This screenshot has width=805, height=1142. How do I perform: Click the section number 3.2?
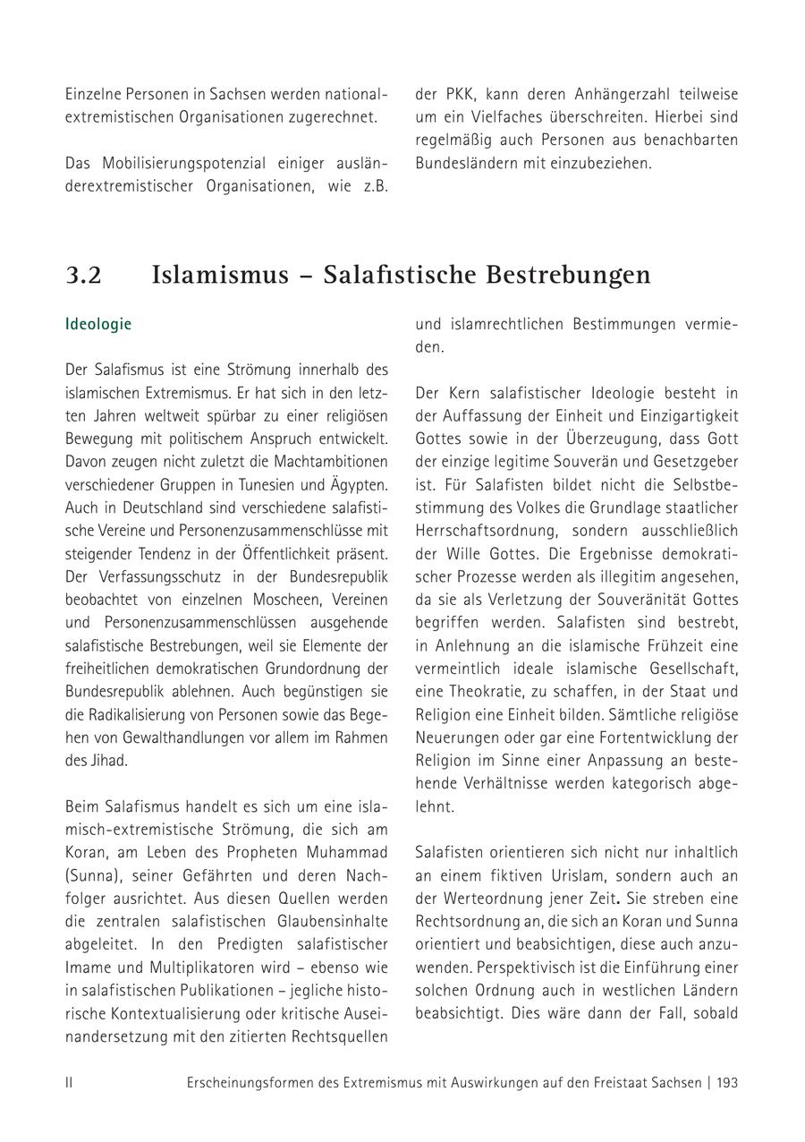pyautogui.click(x=83, y=275)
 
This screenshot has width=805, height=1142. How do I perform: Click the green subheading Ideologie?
pyautogui.click(x=98, y=324)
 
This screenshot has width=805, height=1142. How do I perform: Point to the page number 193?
pyautogui.click(x=727, y=1082)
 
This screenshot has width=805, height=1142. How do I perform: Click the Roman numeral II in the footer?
pyautogui.click(x=69, y=1082)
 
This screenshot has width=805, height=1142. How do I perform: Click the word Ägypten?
pyautogui.click(x=358, y=485)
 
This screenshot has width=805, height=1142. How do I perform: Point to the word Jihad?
pyautogui.click(x=107, y=760)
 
